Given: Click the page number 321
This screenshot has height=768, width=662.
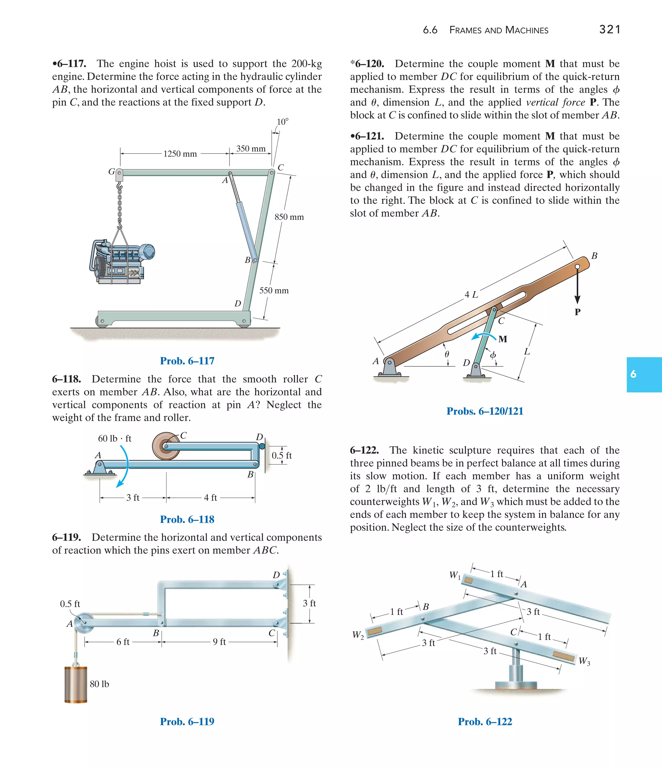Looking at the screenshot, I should pyautogui.click(x=609, y=29).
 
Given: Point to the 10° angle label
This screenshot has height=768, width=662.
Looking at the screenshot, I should pyautogui.click(x=282, y=122).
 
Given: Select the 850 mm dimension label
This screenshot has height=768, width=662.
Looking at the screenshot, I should pyautogui.click(x=289, y=217).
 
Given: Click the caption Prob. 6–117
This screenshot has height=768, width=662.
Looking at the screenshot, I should pyautogui.click(x=187, y=361).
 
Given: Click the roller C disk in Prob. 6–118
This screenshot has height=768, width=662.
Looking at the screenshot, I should pyautogui.click(x=166, y=446).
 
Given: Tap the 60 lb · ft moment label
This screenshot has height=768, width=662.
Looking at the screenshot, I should pyautogui.click(x=115, y=438).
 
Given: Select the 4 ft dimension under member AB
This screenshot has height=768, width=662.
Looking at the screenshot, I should pyautogui.click(x=210, y=498).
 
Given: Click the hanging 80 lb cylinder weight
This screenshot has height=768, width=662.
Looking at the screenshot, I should pyautogui.click(x=76, y=684).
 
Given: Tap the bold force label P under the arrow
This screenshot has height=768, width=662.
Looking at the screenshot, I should pyautogui.click(x=577, y=312).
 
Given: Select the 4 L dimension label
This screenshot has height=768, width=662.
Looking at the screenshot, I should pyautogui.click(x=471, y=295).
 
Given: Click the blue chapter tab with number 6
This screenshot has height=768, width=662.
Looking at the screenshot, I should pyautogui.click(x=644, y=374).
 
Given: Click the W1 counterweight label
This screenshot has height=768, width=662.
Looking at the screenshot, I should pyautogui.click(x=455, y=575).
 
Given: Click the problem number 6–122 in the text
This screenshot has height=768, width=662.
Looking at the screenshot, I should pyautogui.click(x=364, y=450).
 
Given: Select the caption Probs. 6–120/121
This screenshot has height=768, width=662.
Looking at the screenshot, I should pyautogui.click(x=485, y=411).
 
